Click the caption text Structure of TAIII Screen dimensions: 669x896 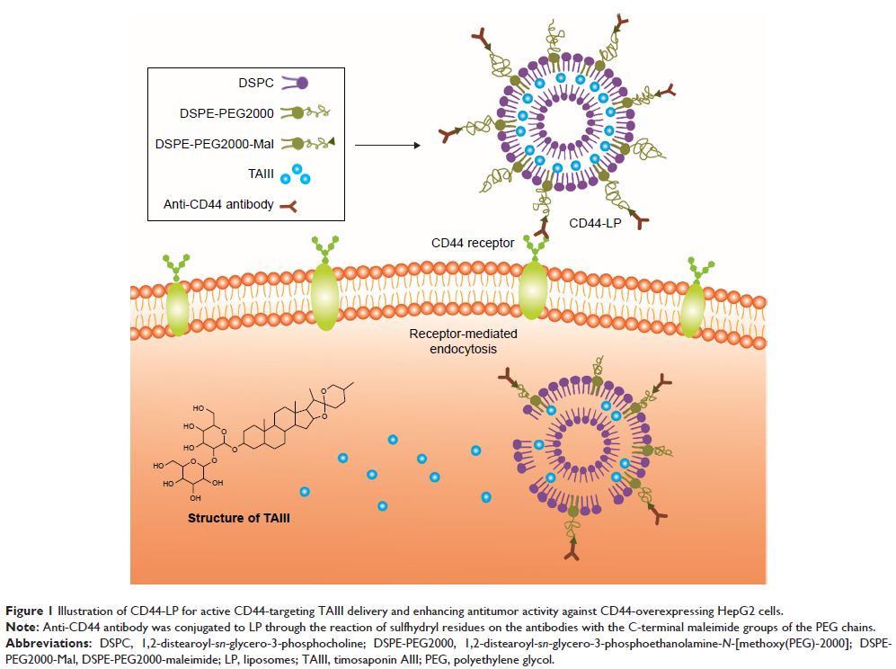238,518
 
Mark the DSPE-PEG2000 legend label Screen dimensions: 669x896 216,113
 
